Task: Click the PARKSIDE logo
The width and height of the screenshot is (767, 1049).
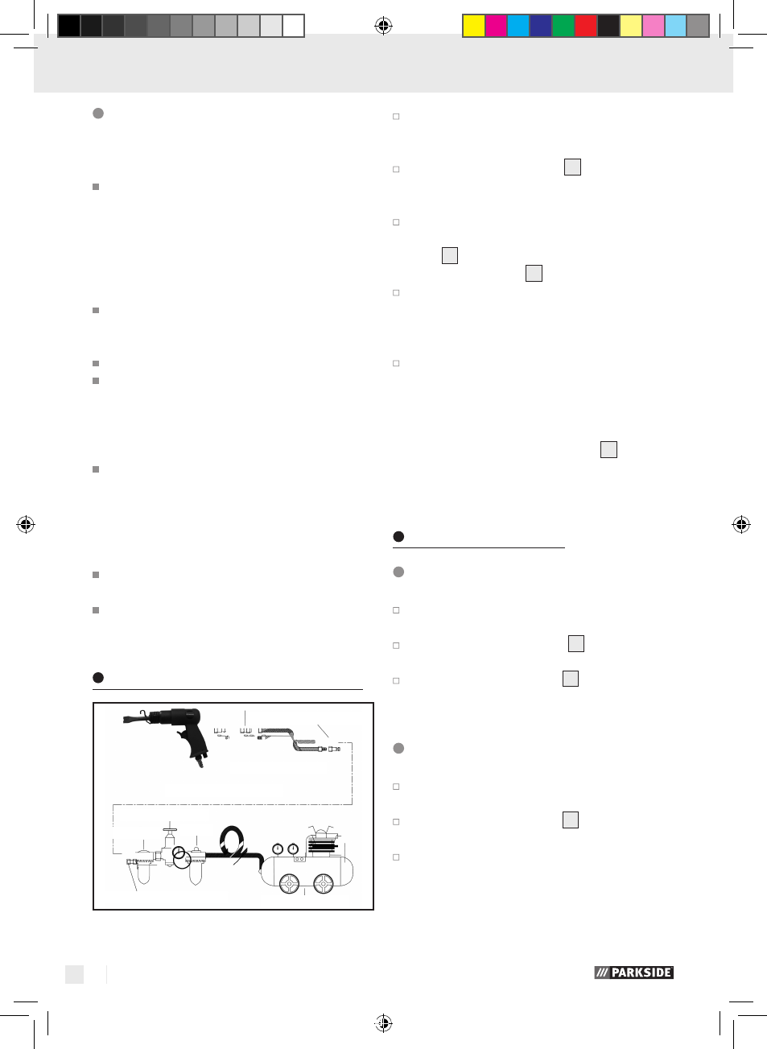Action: (x=633, y=973)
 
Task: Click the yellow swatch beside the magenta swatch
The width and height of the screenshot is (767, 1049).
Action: (x=474, y=26)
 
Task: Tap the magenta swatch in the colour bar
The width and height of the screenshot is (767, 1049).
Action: (x=496, y=26)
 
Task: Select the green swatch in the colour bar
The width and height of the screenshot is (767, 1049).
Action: (x=563, y=26)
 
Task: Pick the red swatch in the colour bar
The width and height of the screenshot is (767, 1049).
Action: (x=586, y=26)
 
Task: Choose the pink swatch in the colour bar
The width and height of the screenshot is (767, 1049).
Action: (x=654, y=26)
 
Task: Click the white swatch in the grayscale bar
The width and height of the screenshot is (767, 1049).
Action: (x=294, y=26)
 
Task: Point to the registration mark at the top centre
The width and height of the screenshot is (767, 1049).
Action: (x=383, y=26)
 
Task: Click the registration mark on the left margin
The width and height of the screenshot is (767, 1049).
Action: (x=26, y=524)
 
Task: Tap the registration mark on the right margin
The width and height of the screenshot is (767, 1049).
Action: (x=741, y=524)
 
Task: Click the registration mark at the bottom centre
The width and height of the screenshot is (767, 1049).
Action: (x=383, y=1022)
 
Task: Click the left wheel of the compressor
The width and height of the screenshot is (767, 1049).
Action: (x=289, y=884)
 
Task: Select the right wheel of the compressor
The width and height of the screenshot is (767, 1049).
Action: (x=323, y=884)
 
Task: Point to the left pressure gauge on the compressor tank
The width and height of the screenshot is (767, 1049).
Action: (x=278, y=849)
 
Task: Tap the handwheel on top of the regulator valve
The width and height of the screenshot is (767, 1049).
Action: (x=170, y=830)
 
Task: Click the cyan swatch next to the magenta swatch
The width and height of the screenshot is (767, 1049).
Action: (x=518, y=26)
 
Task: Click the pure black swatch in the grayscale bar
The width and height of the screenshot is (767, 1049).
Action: (x=69, y=26)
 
